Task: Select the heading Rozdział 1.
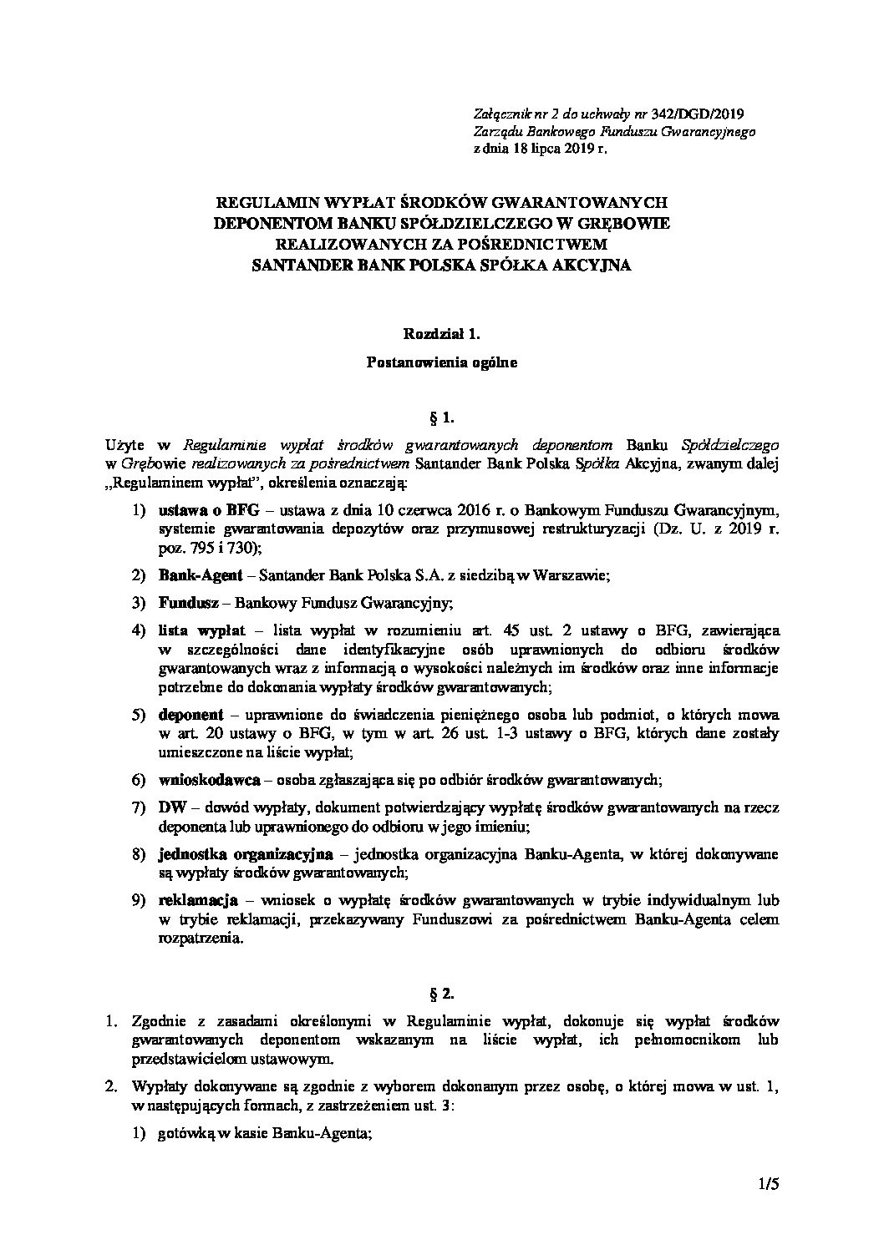tap(443, 334)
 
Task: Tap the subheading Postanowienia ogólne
tap(442, 362)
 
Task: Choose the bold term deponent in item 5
tap(191, 715)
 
